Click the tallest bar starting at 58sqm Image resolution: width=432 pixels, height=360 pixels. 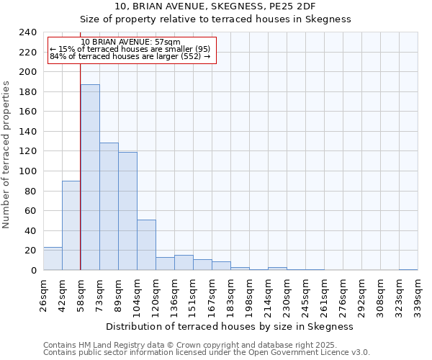click(x=90, y=177)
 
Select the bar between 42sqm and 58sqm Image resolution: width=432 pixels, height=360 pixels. click(x=71, y=225)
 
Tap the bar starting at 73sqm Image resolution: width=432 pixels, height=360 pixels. click(x=109, y=207)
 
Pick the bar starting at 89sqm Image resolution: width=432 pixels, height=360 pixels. click(x=127, y=211)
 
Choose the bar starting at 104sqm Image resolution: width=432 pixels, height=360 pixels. click(x=146, y=245)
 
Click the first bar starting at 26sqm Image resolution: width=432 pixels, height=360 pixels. click(x=53, y=258)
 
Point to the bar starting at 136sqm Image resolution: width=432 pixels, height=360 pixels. click(x=184, y=263)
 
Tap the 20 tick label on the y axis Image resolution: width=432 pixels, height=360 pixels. click(x=31, y=251)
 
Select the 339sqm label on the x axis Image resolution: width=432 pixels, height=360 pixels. click(x=418, y=295)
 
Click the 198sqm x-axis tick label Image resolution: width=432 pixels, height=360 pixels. click(x=250, y=295)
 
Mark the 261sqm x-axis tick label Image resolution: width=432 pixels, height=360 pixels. click(x=325, y=295)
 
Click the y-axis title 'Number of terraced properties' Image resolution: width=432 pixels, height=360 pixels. click(x=7, y=155)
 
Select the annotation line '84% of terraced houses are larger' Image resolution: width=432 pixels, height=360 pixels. click(x=130, y=56)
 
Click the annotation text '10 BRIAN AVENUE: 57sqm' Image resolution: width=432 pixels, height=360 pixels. click(x=130, y=42)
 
